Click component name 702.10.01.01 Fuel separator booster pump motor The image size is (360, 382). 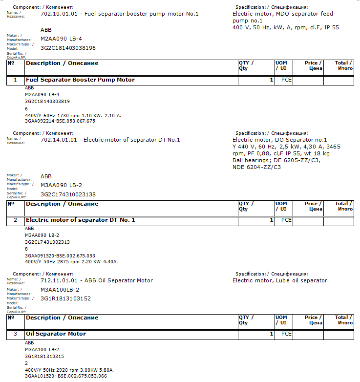(120, 14)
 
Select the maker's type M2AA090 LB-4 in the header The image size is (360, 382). (58, 39)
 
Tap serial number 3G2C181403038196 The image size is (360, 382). (68, 48)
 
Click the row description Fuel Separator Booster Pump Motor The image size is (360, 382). (80, 80)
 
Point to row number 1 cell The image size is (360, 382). (15, 80)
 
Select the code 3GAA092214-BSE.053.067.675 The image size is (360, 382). (60, 121)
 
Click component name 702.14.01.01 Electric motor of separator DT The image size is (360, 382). (110, 140)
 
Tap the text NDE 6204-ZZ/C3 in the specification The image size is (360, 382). (256, 167)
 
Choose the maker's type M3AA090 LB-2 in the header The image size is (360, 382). (58, 185)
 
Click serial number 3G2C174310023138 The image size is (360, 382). (68, 194)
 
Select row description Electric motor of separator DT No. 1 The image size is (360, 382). (80, 220)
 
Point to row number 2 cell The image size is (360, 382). (15, 220)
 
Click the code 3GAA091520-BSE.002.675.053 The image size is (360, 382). (60, 255)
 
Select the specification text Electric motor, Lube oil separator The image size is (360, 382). (279, 280)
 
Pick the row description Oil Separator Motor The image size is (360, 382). (56, 334)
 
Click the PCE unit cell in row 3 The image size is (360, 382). (286, 334)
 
